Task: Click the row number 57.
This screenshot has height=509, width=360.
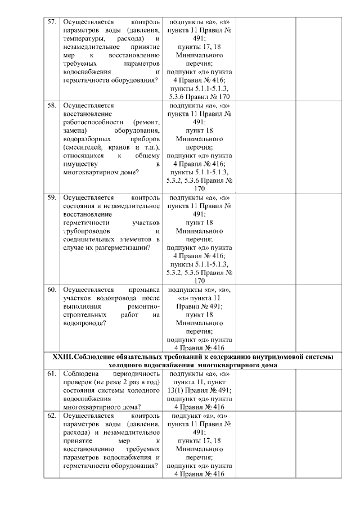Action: coord(51,21)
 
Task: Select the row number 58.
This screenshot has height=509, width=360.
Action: coord(51,105)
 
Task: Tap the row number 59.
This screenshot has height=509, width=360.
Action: coord(51,198)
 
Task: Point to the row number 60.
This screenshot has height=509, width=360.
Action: coord(51,290)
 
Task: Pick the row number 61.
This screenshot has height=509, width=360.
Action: coord(51,374)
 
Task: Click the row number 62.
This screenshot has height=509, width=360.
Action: coord(51,416)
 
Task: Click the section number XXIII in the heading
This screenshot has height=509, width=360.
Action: coord(61,357)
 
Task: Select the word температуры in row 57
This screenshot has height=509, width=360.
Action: coord(84,38)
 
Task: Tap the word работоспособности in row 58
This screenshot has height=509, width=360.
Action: coord(92,122)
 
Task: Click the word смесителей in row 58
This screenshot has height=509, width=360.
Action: coord(85,147)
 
